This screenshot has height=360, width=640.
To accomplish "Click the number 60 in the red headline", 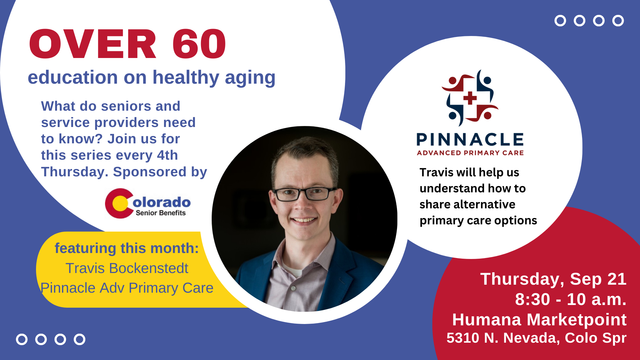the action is tap(199, 44).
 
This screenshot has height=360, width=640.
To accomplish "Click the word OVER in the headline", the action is tap(93, 44).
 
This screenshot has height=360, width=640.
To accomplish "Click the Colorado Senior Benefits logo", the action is tap(148, 203).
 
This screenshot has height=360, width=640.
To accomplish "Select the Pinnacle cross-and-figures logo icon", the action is tap(470, 98).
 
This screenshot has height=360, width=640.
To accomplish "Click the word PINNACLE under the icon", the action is tap(470, 140).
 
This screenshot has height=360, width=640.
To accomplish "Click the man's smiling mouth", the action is tap(303, 220).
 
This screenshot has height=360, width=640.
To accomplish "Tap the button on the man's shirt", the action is tap(293, 288).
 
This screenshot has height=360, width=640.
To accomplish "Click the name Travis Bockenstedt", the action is tap(127, 268).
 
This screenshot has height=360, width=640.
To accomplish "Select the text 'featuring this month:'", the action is tap(127, 249).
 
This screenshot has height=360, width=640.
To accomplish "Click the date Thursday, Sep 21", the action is tap(553, 279).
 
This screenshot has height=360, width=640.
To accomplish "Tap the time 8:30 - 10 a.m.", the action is tap(571, 299).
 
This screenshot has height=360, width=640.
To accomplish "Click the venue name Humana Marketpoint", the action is tap(539, 320).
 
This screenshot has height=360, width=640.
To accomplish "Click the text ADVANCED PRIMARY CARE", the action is tap(470, 153).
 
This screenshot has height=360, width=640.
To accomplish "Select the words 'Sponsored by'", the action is tap(160, 172).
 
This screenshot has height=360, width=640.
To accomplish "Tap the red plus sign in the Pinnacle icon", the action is tap(470, 98).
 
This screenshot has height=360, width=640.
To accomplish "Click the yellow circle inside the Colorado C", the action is tap(120, 204).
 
